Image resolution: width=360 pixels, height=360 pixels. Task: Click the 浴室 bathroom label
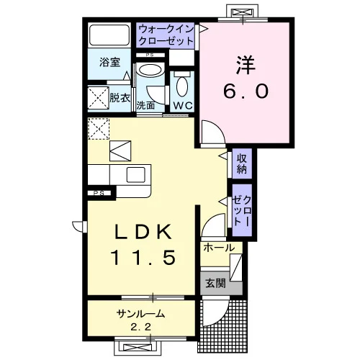tap(109, 62)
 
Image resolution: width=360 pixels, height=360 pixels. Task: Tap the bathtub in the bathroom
tap(109, 35)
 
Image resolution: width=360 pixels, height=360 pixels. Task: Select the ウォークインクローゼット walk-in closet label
tap(166, 35)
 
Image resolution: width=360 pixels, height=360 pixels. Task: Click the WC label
tap(183, 106)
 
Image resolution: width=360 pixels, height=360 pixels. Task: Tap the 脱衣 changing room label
tap(120, 98)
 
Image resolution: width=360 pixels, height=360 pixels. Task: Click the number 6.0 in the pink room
tap(246, 91)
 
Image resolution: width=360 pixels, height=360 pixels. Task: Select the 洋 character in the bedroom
tap(246, 65)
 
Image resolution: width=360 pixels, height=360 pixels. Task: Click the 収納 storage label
tap(242, 163)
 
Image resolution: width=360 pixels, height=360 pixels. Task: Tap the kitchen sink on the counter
tap(136, 174)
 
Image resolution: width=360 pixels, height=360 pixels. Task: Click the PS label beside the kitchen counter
tap(99, 193)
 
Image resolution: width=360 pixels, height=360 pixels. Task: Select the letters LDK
tap(143, 232)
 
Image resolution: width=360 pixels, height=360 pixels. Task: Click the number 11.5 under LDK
tap(143, 257)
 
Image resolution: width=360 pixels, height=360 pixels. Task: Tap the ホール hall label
tap(219, 248)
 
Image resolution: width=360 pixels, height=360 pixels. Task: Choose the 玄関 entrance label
tap(215, 283)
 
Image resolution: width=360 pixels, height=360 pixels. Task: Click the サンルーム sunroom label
tap(141, 314)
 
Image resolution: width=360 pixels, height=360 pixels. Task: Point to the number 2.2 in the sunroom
tap(141, 327)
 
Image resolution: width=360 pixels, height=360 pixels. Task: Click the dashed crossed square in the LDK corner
tap(99, 129)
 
